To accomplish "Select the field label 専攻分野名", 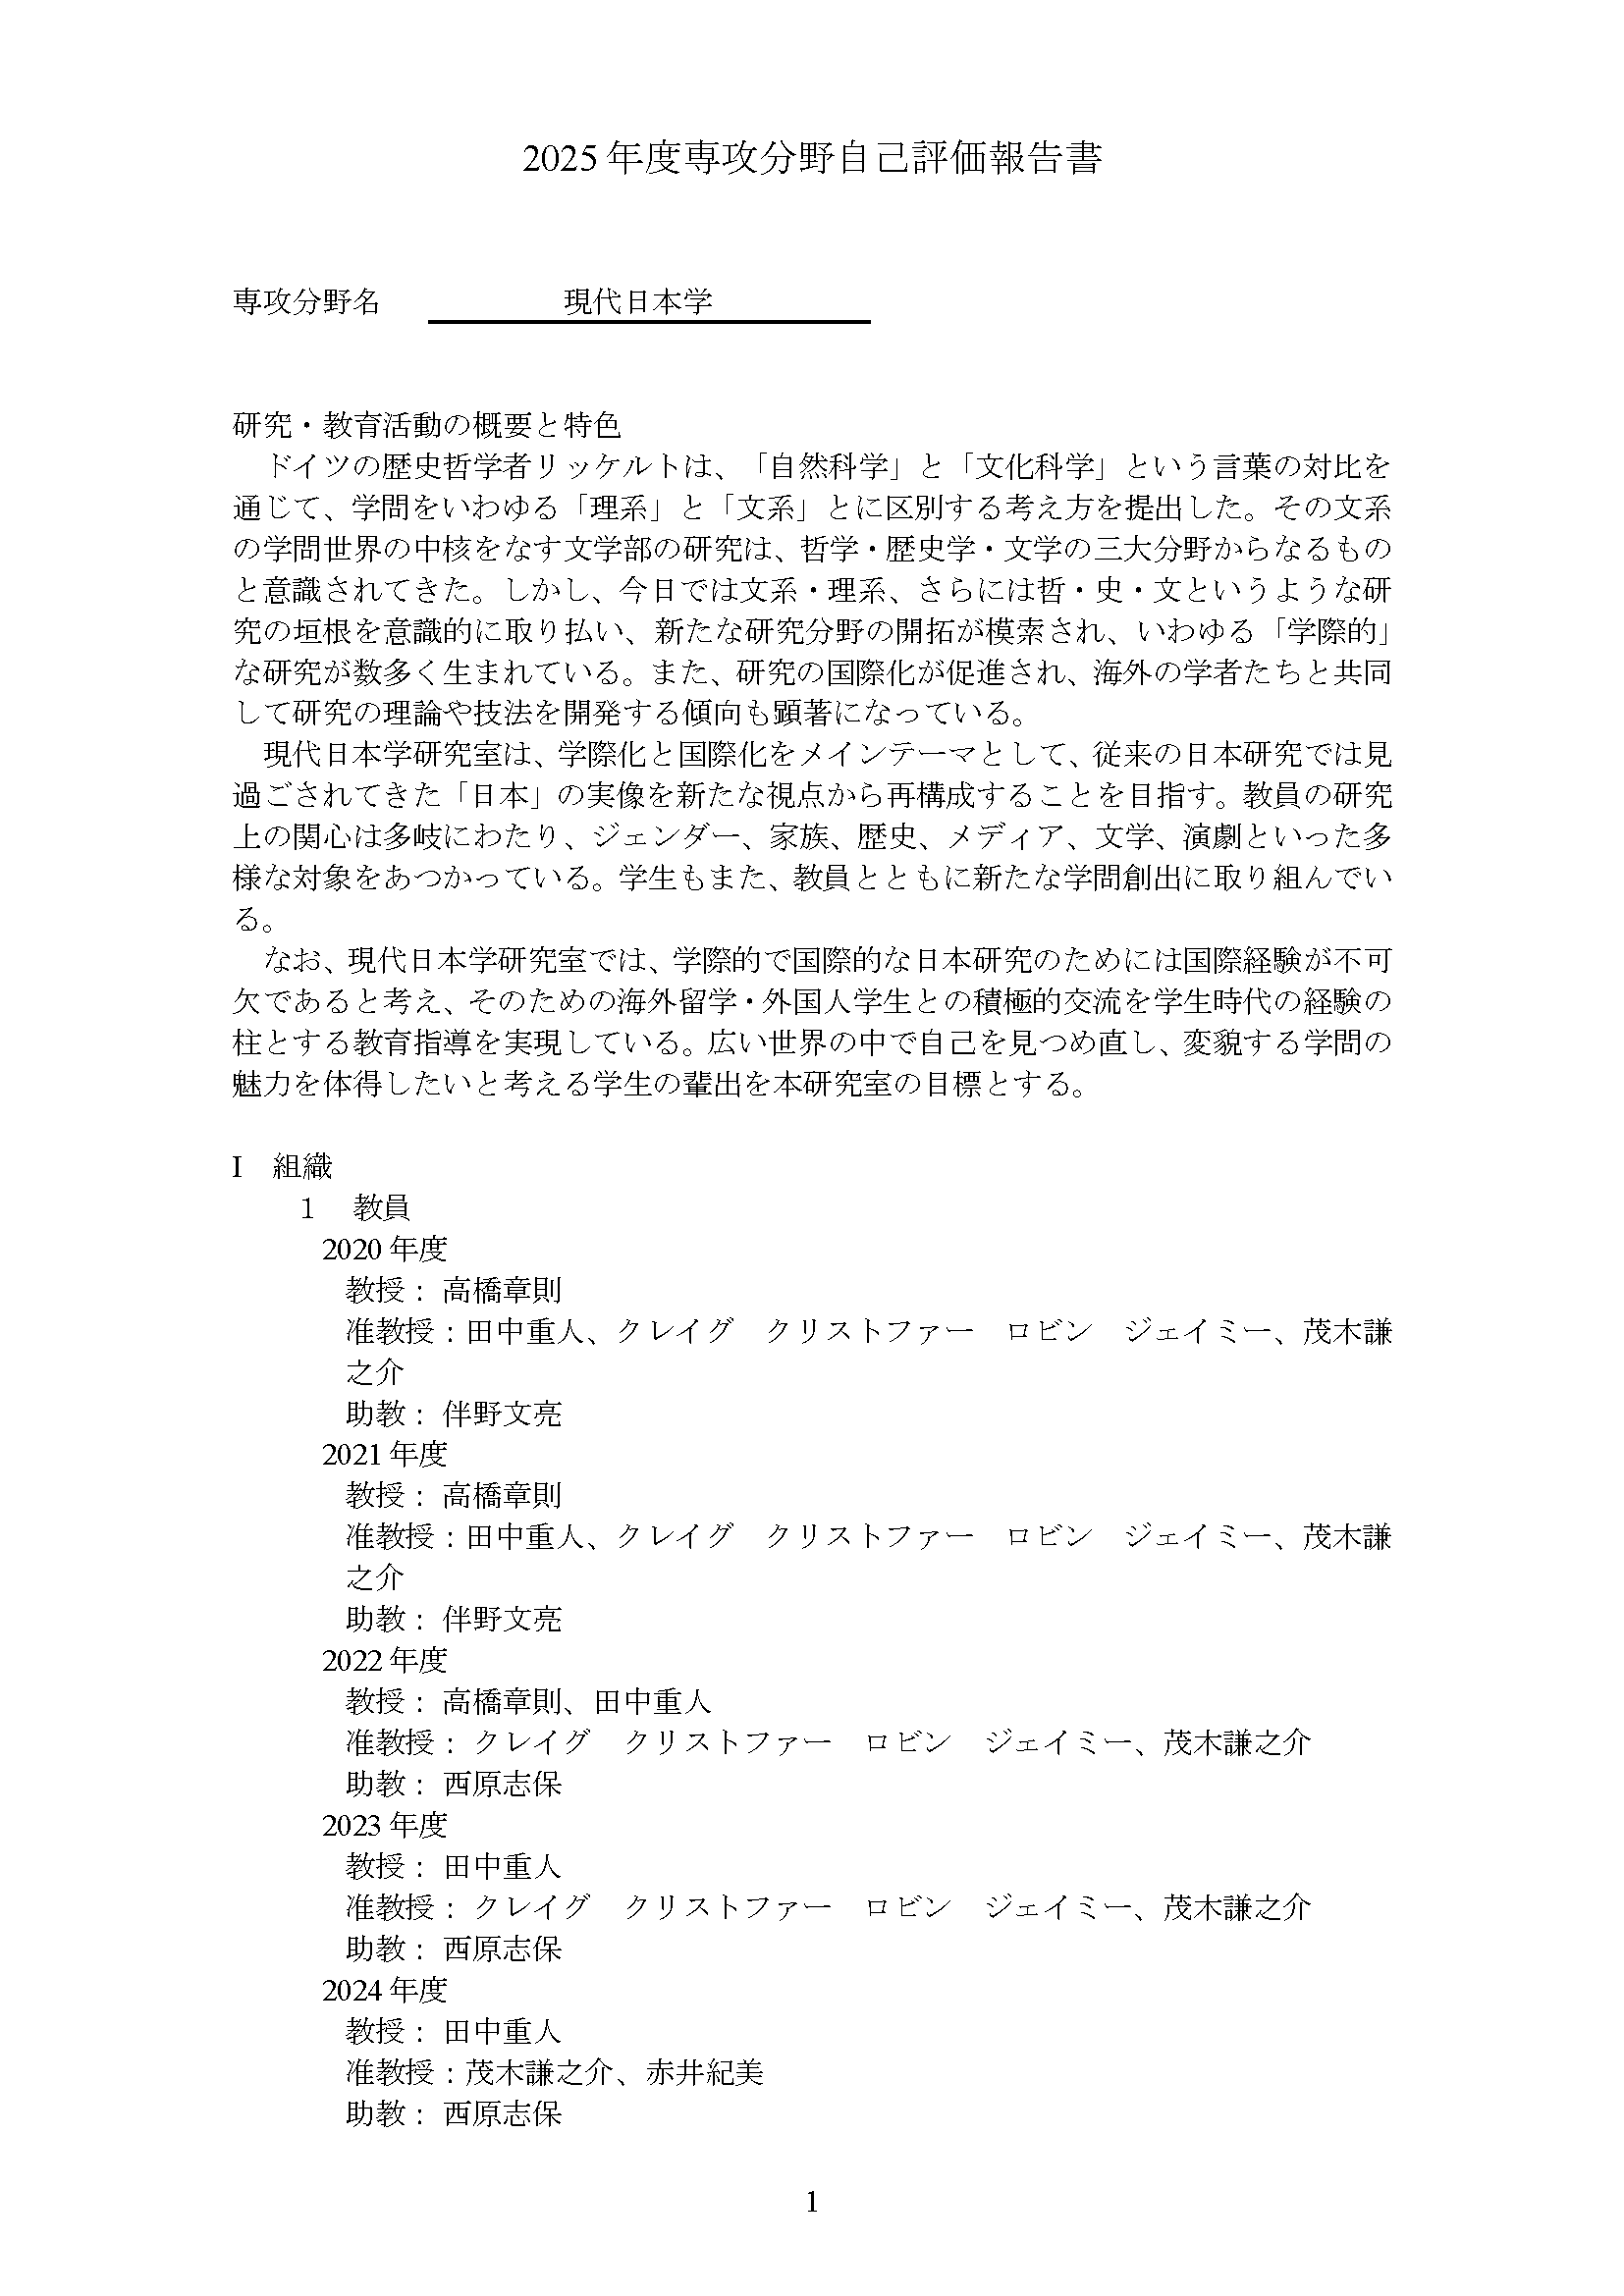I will [306, 301].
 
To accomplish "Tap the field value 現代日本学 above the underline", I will [637, 301].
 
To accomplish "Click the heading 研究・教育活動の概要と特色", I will [427, 426].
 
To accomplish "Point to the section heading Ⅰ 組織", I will [283, 1166].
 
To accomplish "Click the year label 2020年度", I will [384, 1249].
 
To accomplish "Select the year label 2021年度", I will [384, 1454].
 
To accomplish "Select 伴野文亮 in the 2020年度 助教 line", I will [502, 1413].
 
